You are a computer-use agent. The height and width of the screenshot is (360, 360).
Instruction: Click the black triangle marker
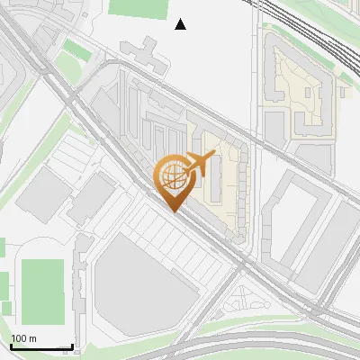pos(181,24)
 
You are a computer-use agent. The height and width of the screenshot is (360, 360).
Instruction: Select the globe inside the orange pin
pos(173,177)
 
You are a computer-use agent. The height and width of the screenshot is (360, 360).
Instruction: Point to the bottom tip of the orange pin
pos(174,211)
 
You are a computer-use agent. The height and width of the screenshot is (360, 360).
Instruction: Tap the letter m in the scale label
pos(33,338)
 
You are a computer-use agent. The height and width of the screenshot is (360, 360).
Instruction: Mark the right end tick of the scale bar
pos(72,346)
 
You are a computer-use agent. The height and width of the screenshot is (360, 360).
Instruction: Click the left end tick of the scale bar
pos(11,346)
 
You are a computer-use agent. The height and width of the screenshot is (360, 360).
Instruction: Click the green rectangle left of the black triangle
pos(139,8)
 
